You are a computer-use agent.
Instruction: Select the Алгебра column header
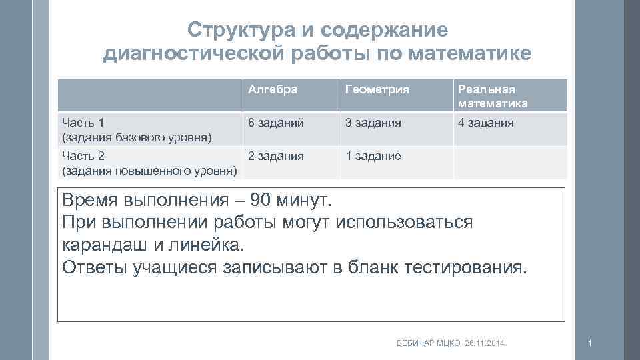(x=272, y=89)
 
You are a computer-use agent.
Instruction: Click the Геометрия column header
(x=377, y=89)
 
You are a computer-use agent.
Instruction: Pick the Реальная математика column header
(x=492, y=96)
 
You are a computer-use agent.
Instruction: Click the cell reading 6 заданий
(x=276, y=123)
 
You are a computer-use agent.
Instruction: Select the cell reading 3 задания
(x=373, y=123)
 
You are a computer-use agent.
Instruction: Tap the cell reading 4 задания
(x=485, y=123)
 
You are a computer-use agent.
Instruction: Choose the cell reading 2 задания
(x=276, y=157)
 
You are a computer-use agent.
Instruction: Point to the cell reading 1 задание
(x=373, y=157)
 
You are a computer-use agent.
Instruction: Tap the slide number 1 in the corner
(x=589, y=343)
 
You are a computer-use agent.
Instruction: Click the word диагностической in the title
(x=193, y=54)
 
